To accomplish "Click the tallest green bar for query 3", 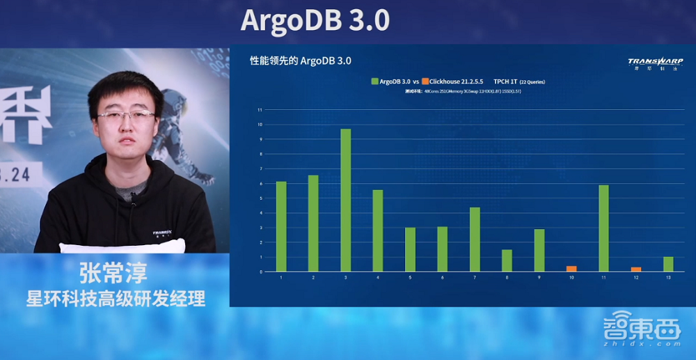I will pos(346,200).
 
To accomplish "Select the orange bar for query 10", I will pos(571,268).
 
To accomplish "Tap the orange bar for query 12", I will pos(636,269).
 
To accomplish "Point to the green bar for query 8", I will pos(507,260).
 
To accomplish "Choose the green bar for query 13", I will pos(668,264).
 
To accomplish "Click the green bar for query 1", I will pos(281,226).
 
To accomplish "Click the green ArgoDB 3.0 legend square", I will pos(374,81).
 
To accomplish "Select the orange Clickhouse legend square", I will pos(425,81).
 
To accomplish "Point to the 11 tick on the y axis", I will pos(260,110).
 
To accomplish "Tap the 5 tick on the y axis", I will pos(260,198).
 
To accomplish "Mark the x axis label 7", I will pos(475,278).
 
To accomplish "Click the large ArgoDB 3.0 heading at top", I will pos(315,21).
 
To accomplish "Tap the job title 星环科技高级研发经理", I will pos(116,299).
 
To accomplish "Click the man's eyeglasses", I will pos(126,116).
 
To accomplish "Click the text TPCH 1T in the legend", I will pos(505,81).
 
